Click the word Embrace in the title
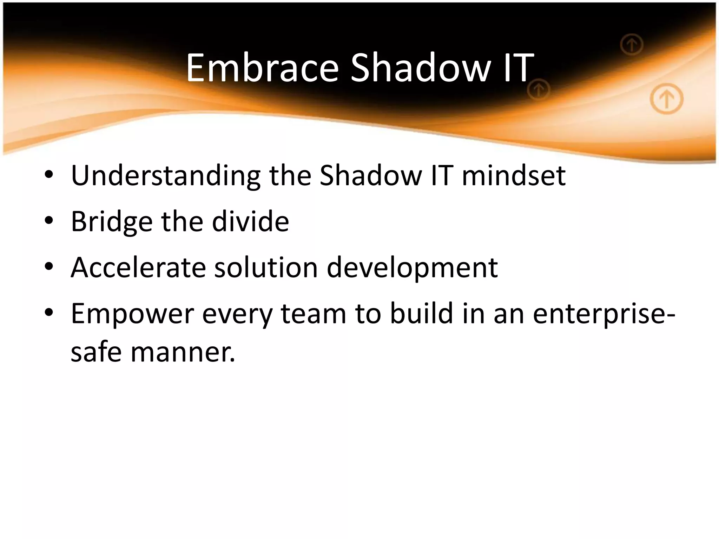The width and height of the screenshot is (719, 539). pos(262,67)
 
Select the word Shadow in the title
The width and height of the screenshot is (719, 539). pos(420,67)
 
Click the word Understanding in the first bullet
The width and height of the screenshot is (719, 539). pos(165,175)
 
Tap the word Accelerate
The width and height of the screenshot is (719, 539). pos(138,267)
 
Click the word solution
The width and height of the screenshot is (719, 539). pos(266,267)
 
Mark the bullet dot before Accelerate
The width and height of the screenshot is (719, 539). pos(49,267)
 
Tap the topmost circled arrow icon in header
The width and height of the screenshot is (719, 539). pos(631,45)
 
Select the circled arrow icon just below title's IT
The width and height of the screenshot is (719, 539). pos(538,90)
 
